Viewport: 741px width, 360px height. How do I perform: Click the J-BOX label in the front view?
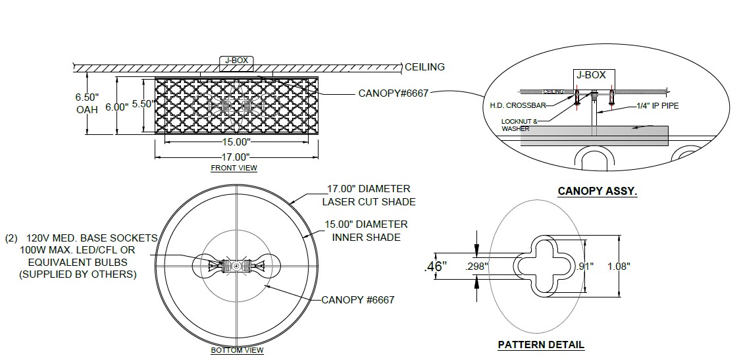(x=236, y=61)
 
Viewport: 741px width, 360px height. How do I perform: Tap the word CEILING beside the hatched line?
(x=424, y=66)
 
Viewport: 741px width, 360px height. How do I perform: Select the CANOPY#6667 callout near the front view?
(x=393, y=93)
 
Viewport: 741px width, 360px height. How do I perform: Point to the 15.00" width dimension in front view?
(x=237, y=142)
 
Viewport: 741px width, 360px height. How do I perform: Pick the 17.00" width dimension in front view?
(x=237, y=157)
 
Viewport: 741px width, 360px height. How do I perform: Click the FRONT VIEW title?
(x=234, y=168)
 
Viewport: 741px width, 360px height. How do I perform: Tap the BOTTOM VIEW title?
(x=237, y=350)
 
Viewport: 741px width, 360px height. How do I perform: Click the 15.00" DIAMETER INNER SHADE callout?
(x=367, y=230)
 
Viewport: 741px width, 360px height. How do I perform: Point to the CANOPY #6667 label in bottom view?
(x=358, y=300)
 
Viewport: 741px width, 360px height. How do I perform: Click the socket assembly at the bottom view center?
(x=236, y=266)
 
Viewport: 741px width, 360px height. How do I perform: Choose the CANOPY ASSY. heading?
(x=598, y=192)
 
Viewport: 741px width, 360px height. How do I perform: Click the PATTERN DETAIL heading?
(x=541, y=344)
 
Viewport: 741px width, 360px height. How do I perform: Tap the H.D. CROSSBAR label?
(x=517, y=105)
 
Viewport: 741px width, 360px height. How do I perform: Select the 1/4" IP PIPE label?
(x=657, y=105)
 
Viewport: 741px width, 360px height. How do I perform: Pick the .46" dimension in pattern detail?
(x=435, y=266)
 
